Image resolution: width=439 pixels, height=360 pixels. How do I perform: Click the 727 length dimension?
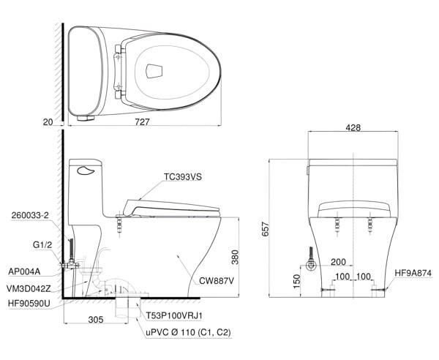(x=142, y=121)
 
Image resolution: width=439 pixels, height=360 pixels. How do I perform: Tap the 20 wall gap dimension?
(x=48, y=122)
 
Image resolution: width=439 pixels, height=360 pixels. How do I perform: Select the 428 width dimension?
(x=353, y=127)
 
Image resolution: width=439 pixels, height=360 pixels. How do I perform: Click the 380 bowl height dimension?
(x=235, y=257)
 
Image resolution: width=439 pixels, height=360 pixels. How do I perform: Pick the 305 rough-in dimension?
(x=96, y=320)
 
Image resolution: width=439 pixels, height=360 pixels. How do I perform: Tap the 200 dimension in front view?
(x=338, y=262)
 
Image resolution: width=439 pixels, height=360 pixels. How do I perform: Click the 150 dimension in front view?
(x=296, y=281)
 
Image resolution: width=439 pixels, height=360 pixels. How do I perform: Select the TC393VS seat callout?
(x=182, y=177)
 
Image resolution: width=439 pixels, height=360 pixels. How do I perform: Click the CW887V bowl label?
(x=217, y=281)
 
